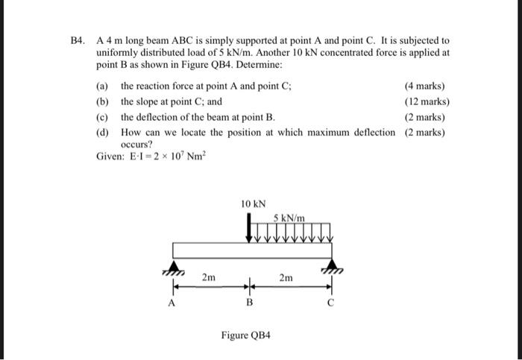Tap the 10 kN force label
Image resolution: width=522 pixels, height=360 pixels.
coord(254,203)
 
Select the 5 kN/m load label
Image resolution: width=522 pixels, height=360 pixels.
coord(289,217)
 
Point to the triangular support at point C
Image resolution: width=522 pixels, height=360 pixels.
coord(331,266)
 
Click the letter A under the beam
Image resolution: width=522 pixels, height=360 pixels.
coord(172,303)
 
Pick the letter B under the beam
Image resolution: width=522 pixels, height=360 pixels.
coord(250,303)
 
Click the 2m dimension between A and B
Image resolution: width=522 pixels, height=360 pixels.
coord(210,277)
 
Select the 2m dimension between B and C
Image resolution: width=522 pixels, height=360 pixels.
coord(286,277)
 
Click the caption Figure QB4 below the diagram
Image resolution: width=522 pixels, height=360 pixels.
coord(245,335)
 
